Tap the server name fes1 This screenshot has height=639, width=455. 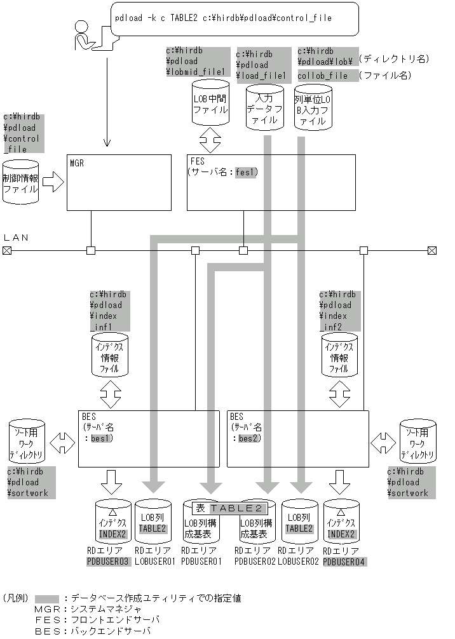[x=245, y=172]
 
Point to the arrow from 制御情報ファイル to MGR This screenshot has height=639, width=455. [x=53, y=182]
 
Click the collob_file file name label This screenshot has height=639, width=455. [x=323, y=76]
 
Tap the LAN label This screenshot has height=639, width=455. [x=17, y=238]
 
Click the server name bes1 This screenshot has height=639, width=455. [x=101, y=439]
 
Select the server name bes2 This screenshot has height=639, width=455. [x=248, y=439]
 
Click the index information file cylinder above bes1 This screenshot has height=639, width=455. [x=111, y=356]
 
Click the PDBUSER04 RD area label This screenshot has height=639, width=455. [x=344, y=562]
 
